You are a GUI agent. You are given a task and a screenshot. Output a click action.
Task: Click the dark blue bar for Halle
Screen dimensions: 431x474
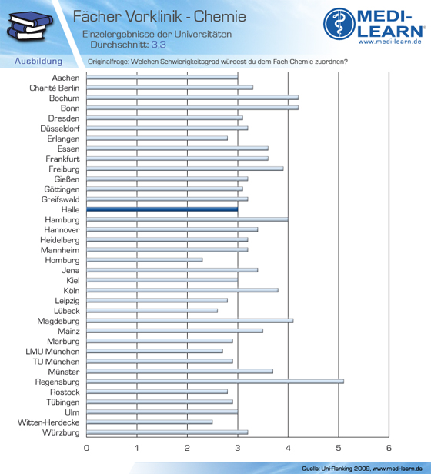(x=162, y=209)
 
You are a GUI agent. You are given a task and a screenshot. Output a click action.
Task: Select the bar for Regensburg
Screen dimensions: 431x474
(x=215, y=382)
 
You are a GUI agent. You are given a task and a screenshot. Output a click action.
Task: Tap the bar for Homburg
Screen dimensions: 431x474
(x=145, y=260)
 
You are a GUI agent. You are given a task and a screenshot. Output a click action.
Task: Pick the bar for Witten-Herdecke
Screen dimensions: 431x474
(x=149, y=422)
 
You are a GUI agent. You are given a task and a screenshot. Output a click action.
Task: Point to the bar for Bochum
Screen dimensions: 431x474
(x=192, y=98)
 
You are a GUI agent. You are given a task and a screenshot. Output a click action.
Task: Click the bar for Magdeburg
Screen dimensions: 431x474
(x=190, y=321)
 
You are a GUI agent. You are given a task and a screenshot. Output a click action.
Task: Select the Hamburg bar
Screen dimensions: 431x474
(x=187, y=219)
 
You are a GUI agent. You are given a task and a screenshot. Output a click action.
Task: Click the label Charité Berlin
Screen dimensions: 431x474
(x=55, y=88)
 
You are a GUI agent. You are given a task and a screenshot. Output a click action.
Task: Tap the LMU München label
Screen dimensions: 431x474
(x=52, y=351)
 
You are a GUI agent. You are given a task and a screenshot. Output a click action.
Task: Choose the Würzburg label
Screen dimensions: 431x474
(x=61, y=432)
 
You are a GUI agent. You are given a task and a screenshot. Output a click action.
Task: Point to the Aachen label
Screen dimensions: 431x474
(x=65, y=78)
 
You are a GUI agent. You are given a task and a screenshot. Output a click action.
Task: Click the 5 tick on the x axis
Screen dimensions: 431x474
(x=339, y=448)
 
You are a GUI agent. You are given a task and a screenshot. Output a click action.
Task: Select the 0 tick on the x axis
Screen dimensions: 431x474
(x=86, y=448)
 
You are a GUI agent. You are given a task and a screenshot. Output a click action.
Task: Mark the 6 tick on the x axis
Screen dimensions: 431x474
(x=389, y=448)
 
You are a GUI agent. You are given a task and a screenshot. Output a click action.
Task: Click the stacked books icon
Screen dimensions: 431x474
(x=30, y=25)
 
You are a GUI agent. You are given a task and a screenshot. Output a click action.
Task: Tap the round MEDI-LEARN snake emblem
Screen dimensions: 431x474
(x=339, y=24)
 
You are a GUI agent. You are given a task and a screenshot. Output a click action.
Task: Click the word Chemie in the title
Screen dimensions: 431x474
(x=219, y=16)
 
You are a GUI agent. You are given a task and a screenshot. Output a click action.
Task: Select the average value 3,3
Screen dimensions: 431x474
(x=159, y=45)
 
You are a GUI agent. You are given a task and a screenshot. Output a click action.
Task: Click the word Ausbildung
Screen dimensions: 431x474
(x=38, y=61)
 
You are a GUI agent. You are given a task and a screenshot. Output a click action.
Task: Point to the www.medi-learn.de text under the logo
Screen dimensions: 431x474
(x=390, y=42)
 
